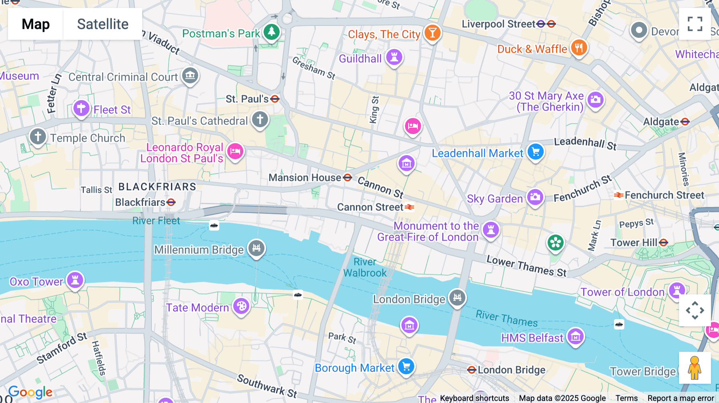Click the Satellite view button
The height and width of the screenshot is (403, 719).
pyautogui.click(x=103, y=24)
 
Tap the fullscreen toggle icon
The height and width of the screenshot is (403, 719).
pyautogui.click(x=695, y=24)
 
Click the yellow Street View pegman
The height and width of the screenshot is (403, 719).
pyautogui.click(x=695, y=367)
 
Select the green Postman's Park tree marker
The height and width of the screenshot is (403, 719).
pyautogui.click(x=272, y=32)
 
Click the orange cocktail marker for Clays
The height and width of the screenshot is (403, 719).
pyautogui.click(x=432, y=32)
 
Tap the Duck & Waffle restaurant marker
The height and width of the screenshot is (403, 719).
pyautogui.click(x=579, y=47)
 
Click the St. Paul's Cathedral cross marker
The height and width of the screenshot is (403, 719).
pyautogui.click(x=260, y=119)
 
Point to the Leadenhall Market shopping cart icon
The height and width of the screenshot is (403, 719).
pyautogui.click(x=535, y=152)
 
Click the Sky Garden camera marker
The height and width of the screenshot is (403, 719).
pyautogui.click(x=535, y=197)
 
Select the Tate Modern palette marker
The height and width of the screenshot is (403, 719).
pyautogui.click(x=241, y=306)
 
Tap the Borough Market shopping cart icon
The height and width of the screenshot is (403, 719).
pyautogui.click(x=406, y=366)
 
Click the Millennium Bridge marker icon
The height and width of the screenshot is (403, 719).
pyautogui.click(x=256, y=248)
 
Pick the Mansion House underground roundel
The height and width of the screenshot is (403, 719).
pyautogui.click(x=348, y=178)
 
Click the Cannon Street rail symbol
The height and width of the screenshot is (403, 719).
pyautogui.click(x=409, y=207)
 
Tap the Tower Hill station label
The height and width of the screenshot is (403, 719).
pyautogui.click(x=634, y=243)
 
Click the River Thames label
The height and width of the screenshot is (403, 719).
pyautogui.click(x=506, y=318)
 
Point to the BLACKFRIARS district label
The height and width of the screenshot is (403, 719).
pyautogui.click(x=157, y=187)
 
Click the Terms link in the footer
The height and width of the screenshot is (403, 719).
pyautogui.click(x=626, y=398)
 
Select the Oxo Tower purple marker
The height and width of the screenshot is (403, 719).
pyautogui.click(x=75, y=280)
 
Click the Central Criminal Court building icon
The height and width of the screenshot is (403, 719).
pyautogui.click(x=190, y=75)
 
